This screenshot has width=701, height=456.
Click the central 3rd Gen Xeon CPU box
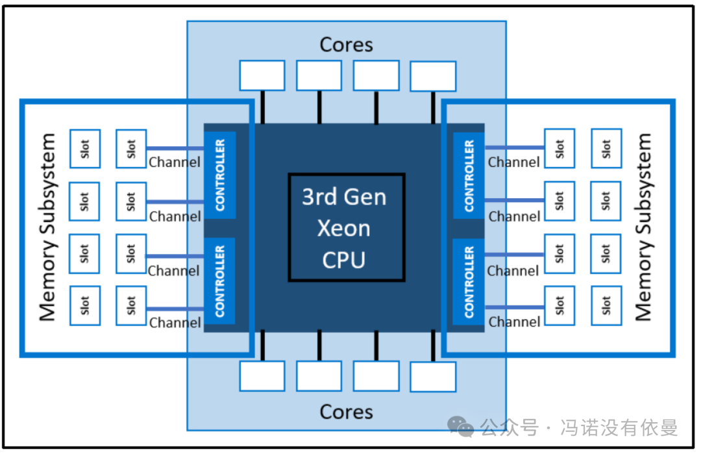(347, 227)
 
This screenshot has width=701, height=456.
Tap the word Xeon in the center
(344, 229)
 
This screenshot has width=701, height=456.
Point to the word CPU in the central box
(344, 260)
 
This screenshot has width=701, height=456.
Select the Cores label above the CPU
(347, 45)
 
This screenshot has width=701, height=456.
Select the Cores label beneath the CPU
(347, 412)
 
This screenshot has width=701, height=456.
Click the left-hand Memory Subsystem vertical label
(48, 227)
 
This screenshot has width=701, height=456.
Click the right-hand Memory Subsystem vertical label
(643, 227)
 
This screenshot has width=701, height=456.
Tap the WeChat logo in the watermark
(462, 427)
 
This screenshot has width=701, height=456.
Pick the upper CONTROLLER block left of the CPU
(220, 175)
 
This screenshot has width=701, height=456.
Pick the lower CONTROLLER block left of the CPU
(220, 281)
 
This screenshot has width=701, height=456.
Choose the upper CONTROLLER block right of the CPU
(469, 175)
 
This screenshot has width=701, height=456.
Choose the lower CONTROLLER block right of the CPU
(469, 281)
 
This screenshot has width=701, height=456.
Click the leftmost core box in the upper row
(262, 75)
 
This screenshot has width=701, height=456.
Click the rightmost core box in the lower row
(433, 376)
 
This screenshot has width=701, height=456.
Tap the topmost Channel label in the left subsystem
(175, 162)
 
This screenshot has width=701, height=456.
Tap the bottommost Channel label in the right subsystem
(514, 322)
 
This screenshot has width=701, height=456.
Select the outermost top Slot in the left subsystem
(84, 149)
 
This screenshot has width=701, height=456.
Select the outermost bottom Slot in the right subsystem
(606, 305)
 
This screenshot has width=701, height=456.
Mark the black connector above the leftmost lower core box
(262, 346)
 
